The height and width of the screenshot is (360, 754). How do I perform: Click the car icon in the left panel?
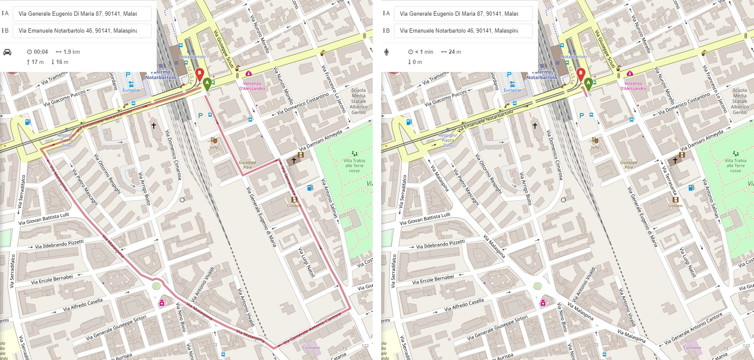(x=7, y=52)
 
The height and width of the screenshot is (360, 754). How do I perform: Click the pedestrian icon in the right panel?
(x=386, y=52)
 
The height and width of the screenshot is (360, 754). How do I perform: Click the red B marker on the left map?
(x=200, y=73)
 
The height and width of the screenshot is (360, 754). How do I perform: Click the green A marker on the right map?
(x=588, y=83)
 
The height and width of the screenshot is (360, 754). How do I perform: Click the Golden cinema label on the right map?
(x=675, y=206)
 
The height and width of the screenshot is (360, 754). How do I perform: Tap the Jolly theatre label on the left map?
(x=213, y=147)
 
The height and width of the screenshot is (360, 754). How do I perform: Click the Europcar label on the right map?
(x=513, y=90)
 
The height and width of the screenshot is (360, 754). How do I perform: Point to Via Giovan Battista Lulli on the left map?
(x=44, y=219)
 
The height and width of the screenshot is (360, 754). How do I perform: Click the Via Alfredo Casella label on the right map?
(x=464, y=305)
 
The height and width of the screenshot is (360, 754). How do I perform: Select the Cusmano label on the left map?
(x=311, y=348)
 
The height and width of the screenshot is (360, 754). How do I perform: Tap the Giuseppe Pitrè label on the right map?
(x=629, y=165)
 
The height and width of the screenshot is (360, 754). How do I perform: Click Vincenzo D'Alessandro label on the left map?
(x=252, y=86)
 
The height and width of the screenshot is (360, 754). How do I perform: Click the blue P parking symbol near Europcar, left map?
(x=128, y=75)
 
